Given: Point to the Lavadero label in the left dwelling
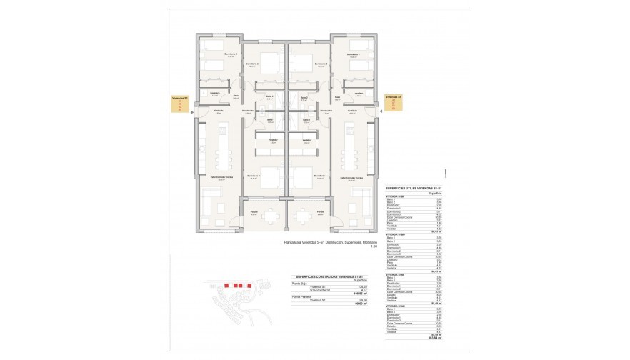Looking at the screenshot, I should click(215, 93).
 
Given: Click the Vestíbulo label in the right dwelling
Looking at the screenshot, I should click(352, 111).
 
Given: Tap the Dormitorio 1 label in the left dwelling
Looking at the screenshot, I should click(251, 176).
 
